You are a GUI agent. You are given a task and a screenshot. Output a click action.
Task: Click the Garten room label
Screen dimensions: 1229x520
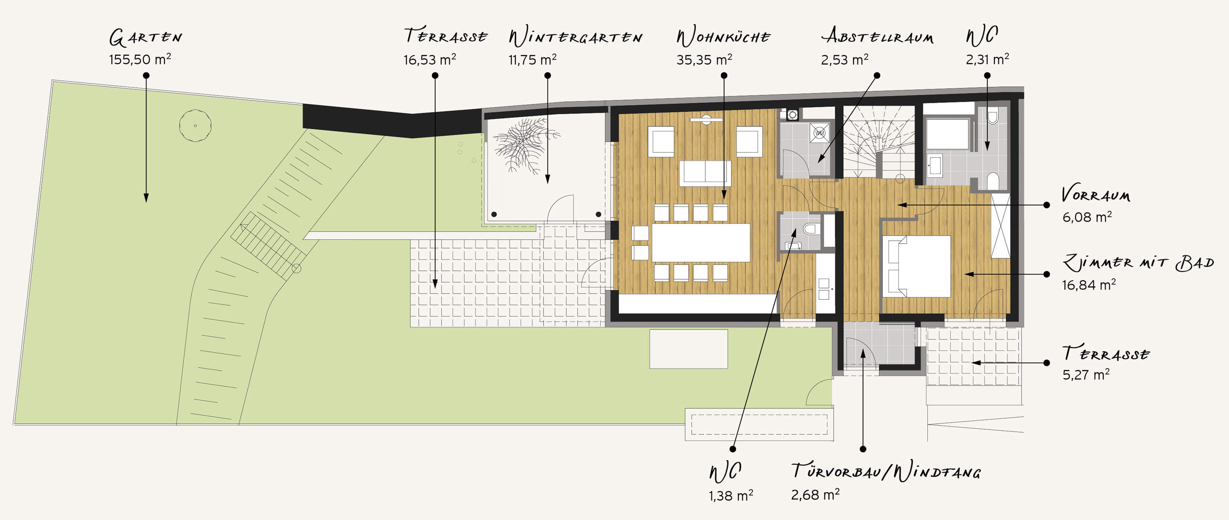(x=146, y=37)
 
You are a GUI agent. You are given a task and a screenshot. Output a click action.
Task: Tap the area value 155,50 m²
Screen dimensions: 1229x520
(x=140, y=59)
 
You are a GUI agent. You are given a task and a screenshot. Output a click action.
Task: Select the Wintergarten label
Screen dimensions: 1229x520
(x=576, y=37)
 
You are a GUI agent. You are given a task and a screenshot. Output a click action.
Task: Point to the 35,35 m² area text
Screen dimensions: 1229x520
(x=704, y=60)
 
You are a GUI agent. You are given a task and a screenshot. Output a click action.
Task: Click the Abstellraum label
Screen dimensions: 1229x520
(x=877, y=36)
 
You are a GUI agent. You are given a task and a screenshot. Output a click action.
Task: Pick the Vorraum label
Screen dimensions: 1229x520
(x=1096, y=194)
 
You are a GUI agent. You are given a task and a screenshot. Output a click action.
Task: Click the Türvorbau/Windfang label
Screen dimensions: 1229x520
(x=886, y=471)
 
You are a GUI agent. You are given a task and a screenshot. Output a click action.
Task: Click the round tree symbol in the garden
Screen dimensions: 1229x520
(x=195, y=126)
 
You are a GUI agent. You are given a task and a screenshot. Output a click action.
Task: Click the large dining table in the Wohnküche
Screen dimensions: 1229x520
(x=701, y=243)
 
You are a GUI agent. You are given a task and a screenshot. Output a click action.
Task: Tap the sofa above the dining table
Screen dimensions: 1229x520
(x=705, y=173)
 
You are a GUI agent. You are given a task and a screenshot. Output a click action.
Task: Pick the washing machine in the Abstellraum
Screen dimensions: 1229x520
(x=820, y=133)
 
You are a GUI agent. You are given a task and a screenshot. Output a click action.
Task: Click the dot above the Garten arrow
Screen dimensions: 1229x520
(x=146, y=75)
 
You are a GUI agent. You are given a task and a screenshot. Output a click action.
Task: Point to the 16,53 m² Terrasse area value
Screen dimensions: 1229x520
(x=430, y=60)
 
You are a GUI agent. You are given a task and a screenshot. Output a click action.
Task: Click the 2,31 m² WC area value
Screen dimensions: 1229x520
(x=987, y=60)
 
